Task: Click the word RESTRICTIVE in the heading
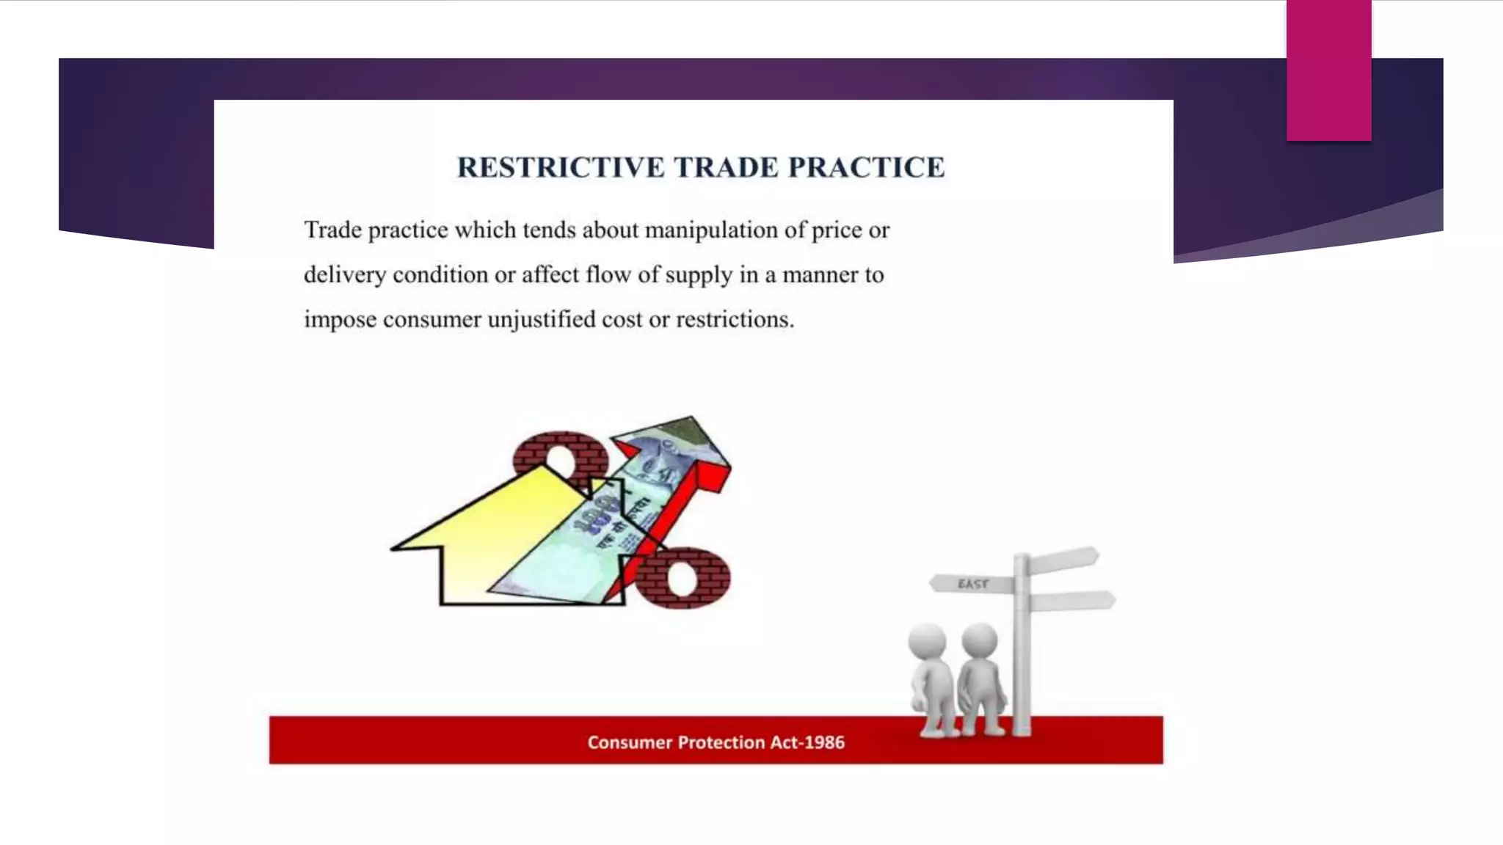[x=561, y=167]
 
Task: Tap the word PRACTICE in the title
[x=866, y=167]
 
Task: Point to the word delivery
[x=344, y=275]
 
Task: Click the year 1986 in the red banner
[x=824, y=742]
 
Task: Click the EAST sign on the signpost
[x=972, y=584]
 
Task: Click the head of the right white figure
[x=979, y=640]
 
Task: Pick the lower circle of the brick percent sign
[x=683, y=578]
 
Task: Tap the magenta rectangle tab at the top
[x=1328, y=70]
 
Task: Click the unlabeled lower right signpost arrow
[x=1071, y=601]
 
